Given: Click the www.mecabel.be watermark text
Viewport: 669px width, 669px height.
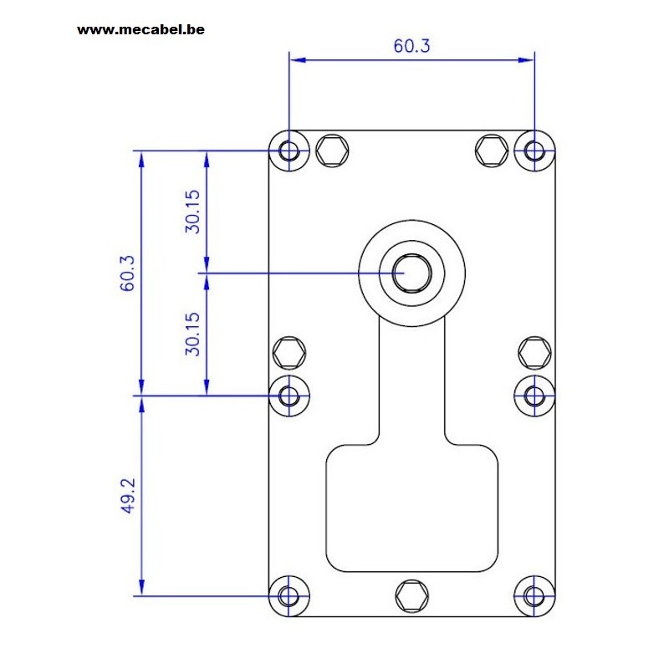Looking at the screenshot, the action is point(140,29).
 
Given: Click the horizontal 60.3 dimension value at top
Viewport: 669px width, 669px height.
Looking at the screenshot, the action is point(411,46).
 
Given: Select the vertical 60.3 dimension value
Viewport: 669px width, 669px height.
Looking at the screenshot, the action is point(127,273).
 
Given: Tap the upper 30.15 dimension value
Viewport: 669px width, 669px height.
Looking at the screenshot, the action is point(192,212).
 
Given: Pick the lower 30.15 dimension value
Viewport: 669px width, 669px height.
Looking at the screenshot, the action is point(192,334).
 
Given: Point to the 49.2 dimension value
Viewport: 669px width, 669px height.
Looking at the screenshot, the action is point(127,496).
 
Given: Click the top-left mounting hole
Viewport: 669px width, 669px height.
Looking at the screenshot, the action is point(289,151).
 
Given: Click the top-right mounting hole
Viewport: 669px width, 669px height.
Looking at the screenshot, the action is point(534,151).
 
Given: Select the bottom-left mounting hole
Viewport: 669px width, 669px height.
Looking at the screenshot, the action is point(289,595).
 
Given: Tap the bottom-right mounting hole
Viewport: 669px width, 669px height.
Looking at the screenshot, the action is point(534,595).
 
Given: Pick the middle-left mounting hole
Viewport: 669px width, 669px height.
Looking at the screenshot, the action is point(289,396).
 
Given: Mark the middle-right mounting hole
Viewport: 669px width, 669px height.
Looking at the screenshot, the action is point(534,396).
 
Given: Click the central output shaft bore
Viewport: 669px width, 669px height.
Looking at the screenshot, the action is point(411,273).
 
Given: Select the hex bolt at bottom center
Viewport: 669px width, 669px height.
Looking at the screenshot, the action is point(411,596).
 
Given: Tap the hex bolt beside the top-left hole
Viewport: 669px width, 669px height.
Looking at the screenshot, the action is point(332,151).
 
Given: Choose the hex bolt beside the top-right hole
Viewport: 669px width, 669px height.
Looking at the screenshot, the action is point(492,151).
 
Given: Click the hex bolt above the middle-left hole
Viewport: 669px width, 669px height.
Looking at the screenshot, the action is point(289,352).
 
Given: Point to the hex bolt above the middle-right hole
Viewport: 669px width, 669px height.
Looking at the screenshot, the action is point(534,352).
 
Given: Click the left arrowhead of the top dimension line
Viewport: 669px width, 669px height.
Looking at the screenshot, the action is point(298,60).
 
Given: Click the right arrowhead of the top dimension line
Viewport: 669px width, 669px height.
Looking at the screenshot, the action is point(526,60).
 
